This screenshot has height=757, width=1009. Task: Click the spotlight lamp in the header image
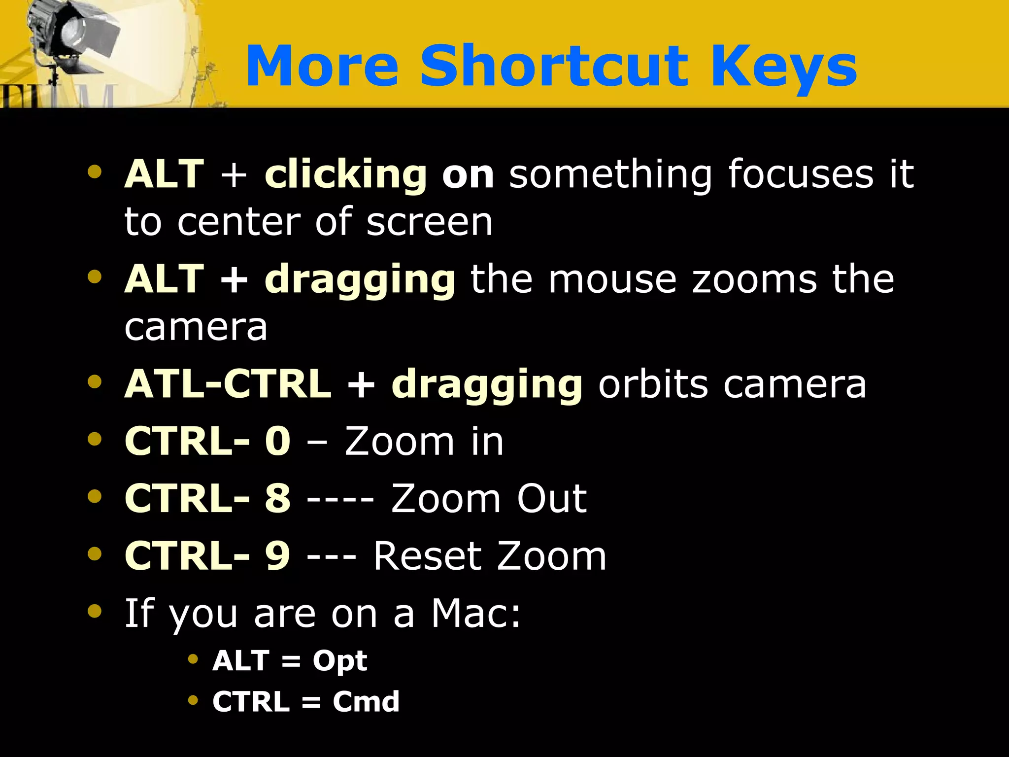[x=74, y=34]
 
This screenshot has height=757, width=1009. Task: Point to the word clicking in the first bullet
[x=345, y=174]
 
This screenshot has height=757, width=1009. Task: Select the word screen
[x=429, y=222]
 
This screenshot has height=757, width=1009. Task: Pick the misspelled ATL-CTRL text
[x=228, y=384]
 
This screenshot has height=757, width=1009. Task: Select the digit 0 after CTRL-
[x=277, y=441]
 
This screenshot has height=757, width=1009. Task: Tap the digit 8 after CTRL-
[x=277, y=498]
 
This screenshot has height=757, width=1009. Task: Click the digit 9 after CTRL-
[x=277, y=556]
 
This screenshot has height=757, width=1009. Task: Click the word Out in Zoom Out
[x=552, y=498]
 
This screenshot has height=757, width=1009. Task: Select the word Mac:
[x=476, y=613]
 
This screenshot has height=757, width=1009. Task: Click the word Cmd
[x=366, y=701]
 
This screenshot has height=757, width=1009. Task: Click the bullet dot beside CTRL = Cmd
[x=193, y=700]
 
